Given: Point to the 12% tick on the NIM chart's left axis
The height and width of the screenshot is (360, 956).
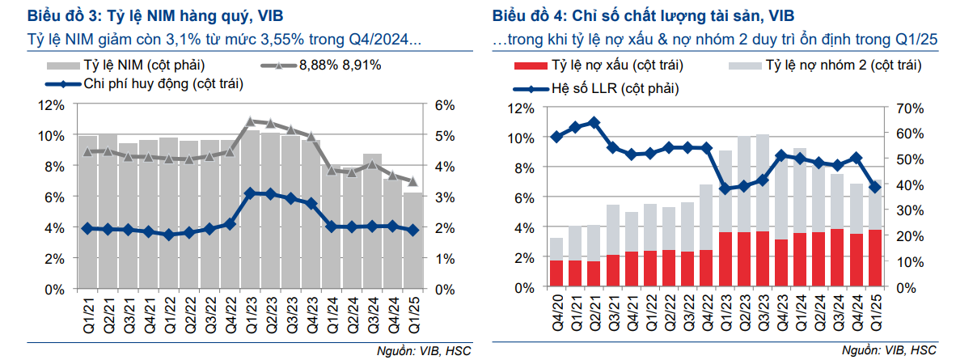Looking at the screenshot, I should (53, 105).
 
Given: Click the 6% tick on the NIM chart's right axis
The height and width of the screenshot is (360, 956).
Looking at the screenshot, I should (446, 105).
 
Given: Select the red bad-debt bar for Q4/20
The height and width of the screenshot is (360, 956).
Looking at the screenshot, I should (556, 273).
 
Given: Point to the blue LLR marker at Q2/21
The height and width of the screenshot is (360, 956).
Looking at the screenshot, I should (594, 123).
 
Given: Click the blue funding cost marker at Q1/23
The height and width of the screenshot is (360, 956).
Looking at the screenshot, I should (250, 193).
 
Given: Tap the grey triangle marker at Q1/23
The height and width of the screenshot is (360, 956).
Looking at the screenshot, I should (250, 121).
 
